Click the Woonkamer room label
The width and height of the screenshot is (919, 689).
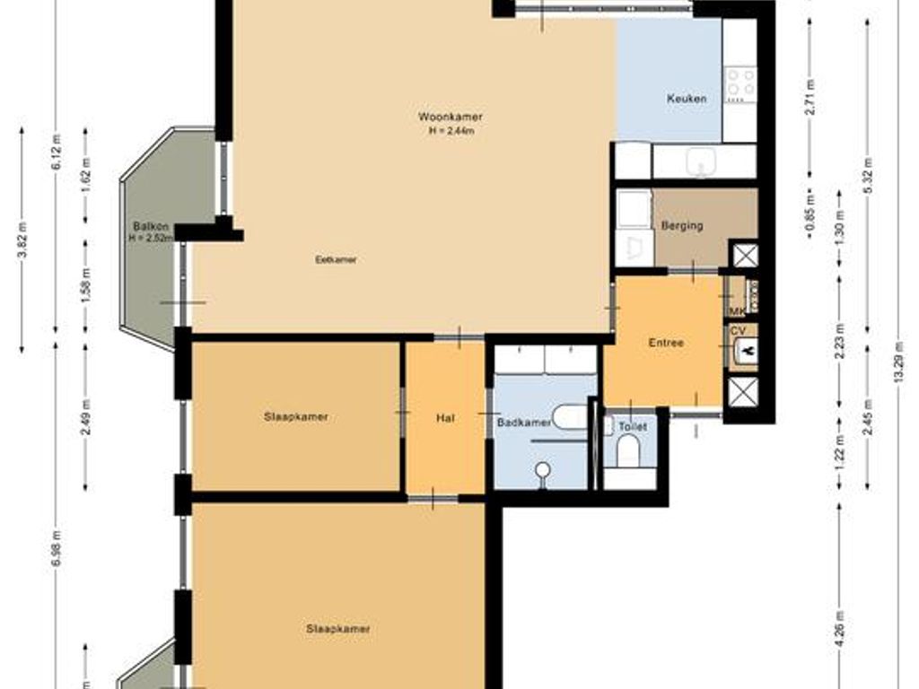pos(451,118)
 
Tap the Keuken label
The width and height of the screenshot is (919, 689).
pos(686,99)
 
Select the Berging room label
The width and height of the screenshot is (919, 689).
pos(682,226)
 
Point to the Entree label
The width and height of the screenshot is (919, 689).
pos(666,343)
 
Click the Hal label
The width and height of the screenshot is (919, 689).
pos(445,417)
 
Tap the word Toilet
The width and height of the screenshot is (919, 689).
pos(632,427)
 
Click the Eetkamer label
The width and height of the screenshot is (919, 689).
pos(337,260)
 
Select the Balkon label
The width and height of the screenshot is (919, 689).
pos(146,226)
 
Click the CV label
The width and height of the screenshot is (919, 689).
pos(738,330)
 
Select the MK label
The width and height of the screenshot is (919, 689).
pos(736,311)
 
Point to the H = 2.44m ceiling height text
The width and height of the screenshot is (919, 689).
pos(451,131)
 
